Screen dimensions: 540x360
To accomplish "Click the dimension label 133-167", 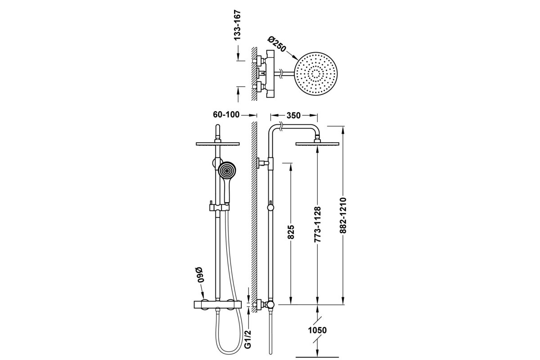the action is pyautogui.click(x=238, y=25).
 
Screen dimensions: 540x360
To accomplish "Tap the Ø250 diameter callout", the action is pyautogui.click(x=277, y=44).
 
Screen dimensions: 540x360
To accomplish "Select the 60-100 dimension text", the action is pyautogui.click(x=226, y=115).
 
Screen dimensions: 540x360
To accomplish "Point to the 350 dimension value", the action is pyautogui.click(x=293, y=116).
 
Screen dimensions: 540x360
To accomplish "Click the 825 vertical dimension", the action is pyautogui.click(x=291, y=232).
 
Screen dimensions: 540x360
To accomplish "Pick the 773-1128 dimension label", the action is pyautogui.click(x=318, y=224).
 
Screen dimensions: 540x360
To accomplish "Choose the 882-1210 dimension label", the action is pyautogui.click(x=343, y=215).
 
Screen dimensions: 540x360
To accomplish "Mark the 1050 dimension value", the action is pyautogui.click(x=317, y=330).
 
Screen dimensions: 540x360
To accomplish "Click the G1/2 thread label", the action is pyautogui.click(x=247, y=339).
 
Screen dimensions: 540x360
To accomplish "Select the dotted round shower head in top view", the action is pyautogui.click(x=316, y=74).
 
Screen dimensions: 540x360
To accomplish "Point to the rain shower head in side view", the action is pyautogui.click(x=317, y=144).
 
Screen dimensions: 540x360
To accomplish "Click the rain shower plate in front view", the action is pyautogui.click(x=218, y=144).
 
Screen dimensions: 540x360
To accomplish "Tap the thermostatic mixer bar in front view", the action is pyautogui.click(x=217, y=305).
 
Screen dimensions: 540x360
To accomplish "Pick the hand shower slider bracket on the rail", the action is pyautogui.click(x=218, y=207).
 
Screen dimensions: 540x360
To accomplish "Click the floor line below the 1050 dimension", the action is pyautogui.click(x=317, y=357).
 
